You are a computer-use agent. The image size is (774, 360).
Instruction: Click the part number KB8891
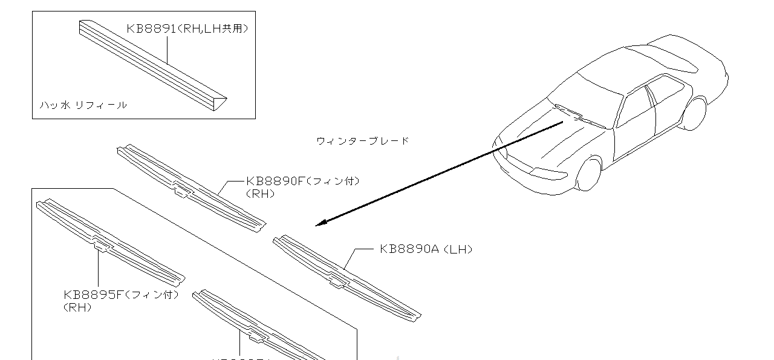tap(151, 28)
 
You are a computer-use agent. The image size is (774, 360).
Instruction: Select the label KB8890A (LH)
tap(426, 249)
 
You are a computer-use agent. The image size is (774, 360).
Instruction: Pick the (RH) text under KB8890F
tap(261, 194)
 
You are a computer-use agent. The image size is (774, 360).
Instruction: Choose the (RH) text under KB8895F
tap(77, 307)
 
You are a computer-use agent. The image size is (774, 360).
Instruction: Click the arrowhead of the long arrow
tap(320, 223)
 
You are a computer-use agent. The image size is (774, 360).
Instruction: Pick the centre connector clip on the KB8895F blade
tap(103, 246)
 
